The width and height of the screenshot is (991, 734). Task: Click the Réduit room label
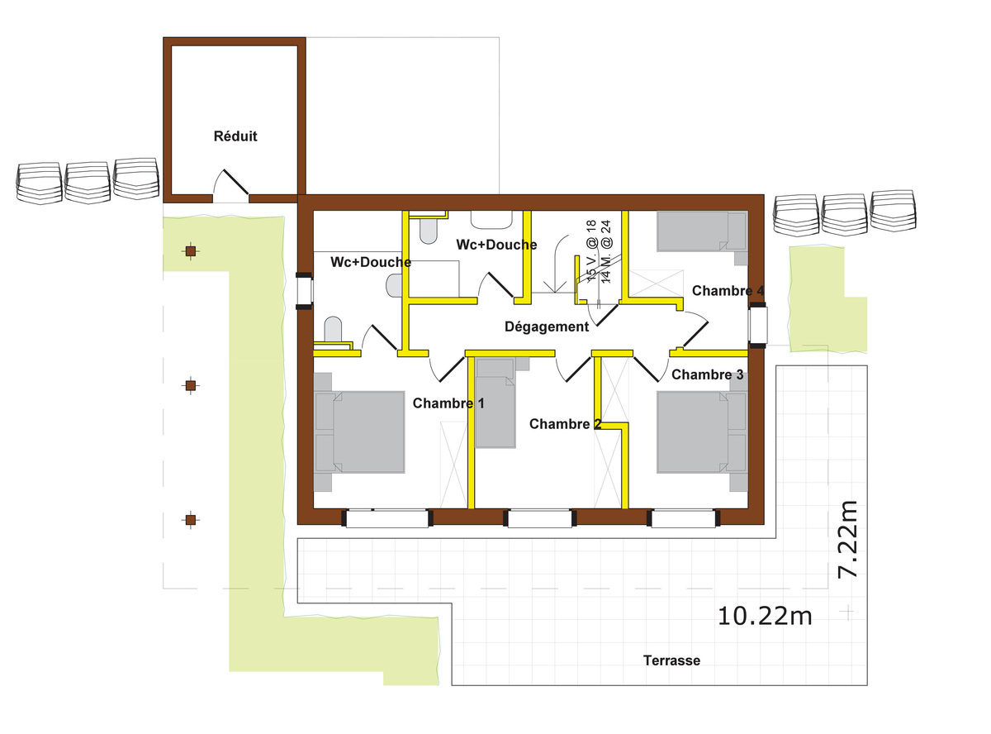click(235, 136)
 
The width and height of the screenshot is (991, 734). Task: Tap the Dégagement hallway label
click(547, 327)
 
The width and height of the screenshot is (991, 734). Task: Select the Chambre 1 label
click(448, 403)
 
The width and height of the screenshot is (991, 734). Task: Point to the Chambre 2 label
click(565, 423)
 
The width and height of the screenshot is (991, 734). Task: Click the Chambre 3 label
click(707, 374)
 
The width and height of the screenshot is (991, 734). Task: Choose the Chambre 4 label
click(728, 291)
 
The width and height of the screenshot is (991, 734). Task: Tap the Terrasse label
click(671, 660)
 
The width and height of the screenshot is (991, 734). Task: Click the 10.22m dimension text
click(765, 617)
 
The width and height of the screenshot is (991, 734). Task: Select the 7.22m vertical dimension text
click(847, 540)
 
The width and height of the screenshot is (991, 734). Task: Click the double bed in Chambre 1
click(360, 432)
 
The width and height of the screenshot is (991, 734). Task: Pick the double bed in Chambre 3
click(702, 432)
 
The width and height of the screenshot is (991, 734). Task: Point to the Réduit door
click(235, 182)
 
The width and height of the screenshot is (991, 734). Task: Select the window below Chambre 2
click(539, 518)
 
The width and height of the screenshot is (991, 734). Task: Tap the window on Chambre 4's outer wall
click(757, 325)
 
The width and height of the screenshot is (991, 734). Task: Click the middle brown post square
click(191, 385)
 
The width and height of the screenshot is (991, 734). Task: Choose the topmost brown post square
click(191, 251)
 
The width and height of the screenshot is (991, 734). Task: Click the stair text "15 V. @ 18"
click(590, 251)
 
